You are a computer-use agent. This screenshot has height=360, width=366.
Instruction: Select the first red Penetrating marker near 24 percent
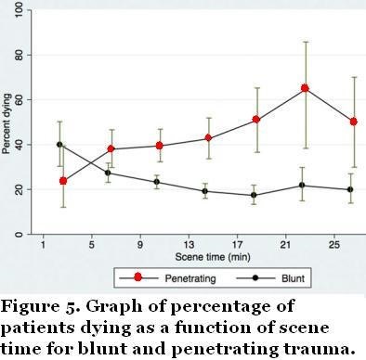click(x=63, y=181)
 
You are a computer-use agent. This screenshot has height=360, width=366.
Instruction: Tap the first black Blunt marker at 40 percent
click(x=60, y=145)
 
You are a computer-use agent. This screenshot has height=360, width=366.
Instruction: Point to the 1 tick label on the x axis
click(x=43, y=246)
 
